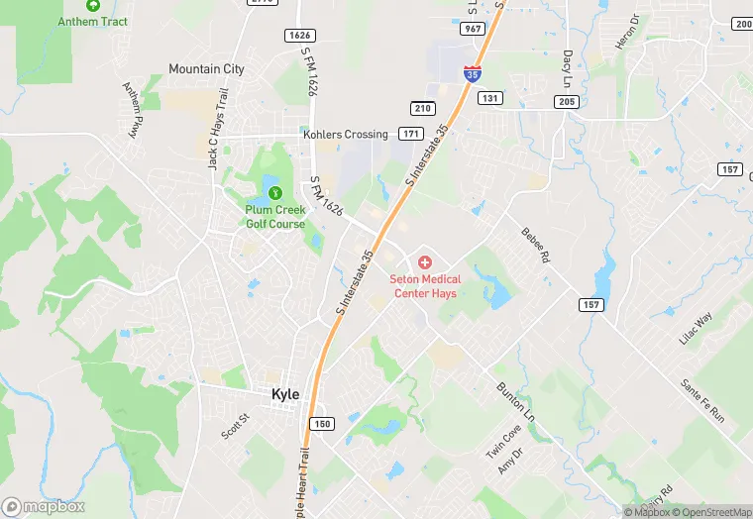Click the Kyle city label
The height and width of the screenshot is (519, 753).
coord(285,394)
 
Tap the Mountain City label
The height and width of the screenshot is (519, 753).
coord(206,69)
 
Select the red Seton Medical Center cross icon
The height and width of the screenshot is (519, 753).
coord(425,262)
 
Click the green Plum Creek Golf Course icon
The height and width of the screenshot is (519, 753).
coord(274,192)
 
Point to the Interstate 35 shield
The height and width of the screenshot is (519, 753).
coord(473,72)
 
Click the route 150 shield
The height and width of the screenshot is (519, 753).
coord(321,424)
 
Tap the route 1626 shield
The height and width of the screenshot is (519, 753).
coord(299,36)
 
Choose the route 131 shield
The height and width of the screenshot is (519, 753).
coord(489,98)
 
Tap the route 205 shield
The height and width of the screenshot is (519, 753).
coord(567,101)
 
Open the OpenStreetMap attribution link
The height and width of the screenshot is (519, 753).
coord(711,512)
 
